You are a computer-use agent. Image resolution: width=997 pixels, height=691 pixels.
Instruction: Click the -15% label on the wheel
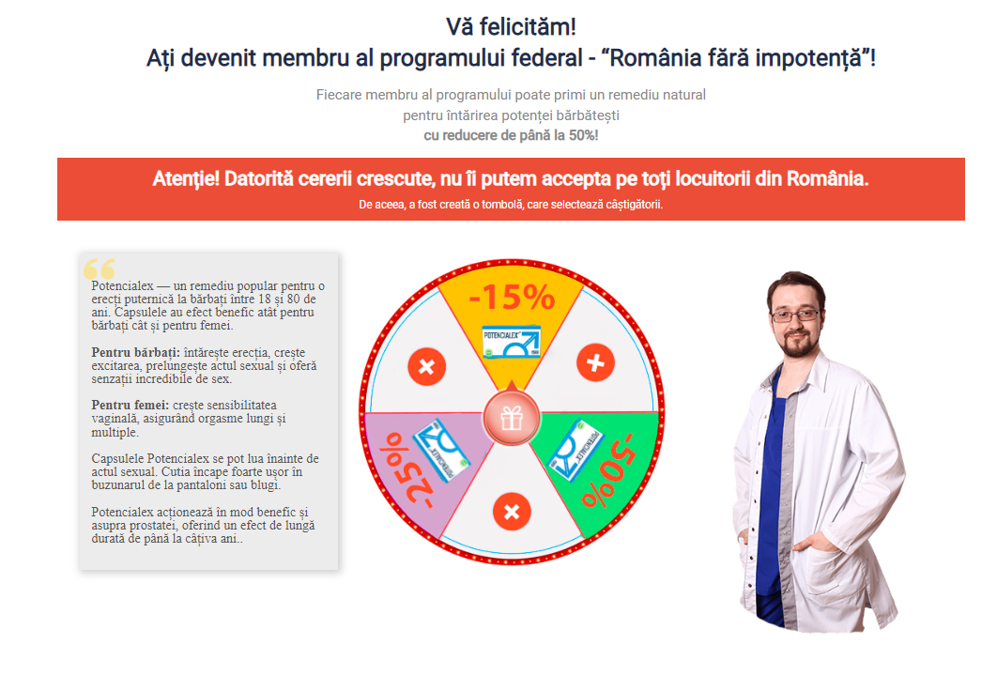coord(512,297)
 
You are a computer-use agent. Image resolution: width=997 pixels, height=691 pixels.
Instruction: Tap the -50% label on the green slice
coord(607,470)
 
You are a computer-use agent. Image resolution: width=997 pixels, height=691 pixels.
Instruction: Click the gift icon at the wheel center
coord(512,419)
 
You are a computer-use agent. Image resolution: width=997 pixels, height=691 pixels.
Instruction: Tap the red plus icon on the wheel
coord(595,363)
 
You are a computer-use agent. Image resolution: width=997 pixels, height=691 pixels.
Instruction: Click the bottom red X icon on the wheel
coord(512,511)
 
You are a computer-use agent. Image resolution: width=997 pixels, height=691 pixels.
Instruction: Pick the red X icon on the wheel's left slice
coord(426,367)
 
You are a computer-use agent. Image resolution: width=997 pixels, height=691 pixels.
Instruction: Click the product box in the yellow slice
coord(512,342)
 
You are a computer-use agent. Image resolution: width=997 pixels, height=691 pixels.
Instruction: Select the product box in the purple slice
coord(442,451)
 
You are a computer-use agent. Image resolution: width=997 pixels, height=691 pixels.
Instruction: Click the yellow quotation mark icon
coord(100,269)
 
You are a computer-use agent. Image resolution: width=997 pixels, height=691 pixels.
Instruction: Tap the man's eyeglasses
coord(794,315)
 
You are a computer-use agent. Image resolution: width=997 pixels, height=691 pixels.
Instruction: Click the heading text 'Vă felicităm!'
coord(512,26)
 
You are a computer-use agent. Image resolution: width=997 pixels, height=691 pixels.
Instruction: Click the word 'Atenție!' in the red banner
coord(186,178)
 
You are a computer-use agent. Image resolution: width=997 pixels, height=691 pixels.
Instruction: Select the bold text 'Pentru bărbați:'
coord(135,352)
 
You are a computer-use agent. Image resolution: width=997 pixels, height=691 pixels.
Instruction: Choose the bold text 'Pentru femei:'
coord(130,405)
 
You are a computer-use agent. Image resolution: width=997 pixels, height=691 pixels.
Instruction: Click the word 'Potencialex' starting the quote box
coord(122,286)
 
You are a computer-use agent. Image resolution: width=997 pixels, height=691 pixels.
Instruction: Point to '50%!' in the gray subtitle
coord(584,135)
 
